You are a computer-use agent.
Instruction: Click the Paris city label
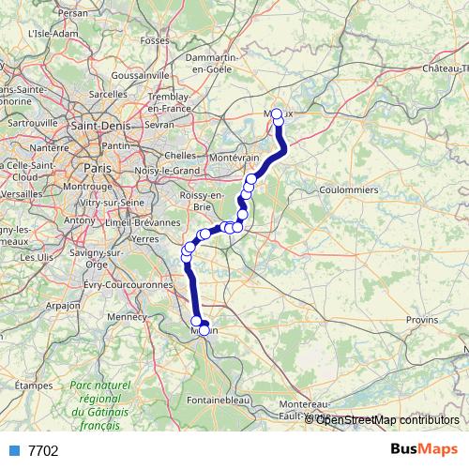(97, 166)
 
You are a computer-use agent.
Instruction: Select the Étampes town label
(34, 385)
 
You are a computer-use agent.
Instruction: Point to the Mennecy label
(129, 317)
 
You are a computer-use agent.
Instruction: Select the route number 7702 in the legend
(43, 450)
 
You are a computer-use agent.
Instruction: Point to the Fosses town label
(153, 41)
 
